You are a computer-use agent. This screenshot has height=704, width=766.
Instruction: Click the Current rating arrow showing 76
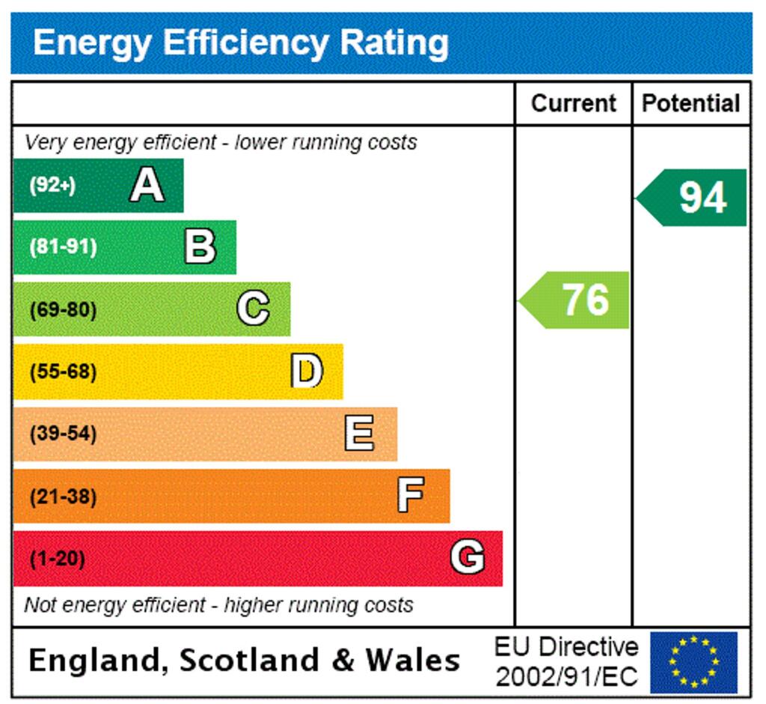click(575, 300)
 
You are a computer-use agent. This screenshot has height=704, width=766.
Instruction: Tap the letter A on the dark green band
click(147, 185)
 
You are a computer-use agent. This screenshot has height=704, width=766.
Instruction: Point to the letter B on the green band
click(200, 247)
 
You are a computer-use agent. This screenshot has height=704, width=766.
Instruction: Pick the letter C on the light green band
click(254, 309)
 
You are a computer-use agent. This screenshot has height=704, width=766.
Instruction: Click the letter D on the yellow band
click(307, 371)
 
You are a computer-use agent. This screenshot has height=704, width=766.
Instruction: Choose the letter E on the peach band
click(360, 434)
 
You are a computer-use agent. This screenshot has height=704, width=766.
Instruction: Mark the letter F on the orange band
click(411, 495)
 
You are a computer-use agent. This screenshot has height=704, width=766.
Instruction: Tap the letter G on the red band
click(467, 558)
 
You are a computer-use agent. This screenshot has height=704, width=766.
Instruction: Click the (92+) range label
click(52, 186)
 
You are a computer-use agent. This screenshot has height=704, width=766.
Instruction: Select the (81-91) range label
click(63, 247)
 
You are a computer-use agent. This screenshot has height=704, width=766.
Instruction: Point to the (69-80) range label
click(63, 309)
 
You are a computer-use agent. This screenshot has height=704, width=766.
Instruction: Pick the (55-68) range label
click(63, 371)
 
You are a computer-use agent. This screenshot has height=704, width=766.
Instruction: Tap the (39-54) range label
click(63, 434)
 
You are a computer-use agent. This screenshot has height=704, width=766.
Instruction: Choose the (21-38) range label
click(63, 496)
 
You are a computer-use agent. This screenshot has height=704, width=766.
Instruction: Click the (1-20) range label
click(57, 559)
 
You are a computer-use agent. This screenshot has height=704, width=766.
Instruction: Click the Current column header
click(574, 103)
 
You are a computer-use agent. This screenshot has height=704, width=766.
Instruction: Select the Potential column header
click(691, 103)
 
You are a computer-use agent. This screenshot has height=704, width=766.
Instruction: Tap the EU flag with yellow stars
click(693, 663)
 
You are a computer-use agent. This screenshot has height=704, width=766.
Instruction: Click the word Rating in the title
click(394, 43)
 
